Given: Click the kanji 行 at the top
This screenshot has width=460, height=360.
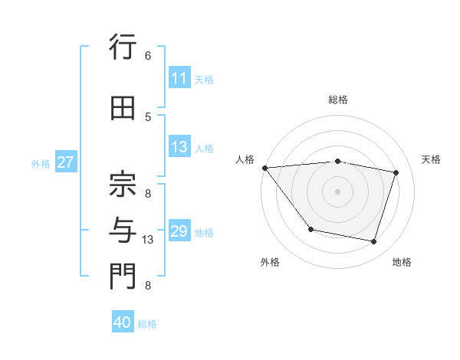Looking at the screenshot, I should click(x=122, y=48).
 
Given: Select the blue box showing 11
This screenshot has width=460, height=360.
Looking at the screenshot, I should click(x=179, y=78).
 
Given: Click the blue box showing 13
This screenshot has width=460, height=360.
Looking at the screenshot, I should click(x=179, y=148).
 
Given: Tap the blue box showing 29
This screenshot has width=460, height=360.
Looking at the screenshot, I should click(x=179, y=231).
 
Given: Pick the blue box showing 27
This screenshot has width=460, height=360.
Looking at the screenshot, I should click(x=65, y=162).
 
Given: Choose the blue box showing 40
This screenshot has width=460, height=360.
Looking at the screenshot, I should click(x=123, y=322).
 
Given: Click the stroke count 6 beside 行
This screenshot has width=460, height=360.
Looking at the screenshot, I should click(x=148, y=56).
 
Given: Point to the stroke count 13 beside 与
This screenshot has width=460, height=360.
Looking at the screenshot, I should click(x=149, y=240).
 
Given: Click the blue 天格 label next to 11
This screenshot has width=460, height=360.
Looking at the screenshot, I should click(x=204, y=79).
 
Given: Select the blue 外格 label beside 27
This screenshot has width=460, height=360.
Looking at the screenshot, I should click(x=41, y=163).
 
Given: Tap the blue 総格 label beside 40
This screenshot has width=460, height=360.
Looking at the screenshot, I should click(x=148, y=323).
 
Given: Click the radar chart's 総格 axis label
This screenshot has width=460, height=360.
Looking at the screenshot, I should click(x=338, y=100).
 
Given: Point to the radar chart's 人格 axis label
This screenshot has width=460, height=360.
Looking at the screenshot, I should click(x=245, y=159).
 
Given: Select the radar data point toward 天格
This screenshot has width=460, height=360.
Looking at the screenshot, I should click(x=396, y=172).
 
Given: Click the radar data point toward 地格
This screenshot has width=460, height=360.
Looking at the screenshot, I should click(x=374, y=242).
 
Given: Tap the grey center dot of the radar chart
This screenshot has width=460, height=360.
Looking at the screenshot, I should click(x=338, y=191).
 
